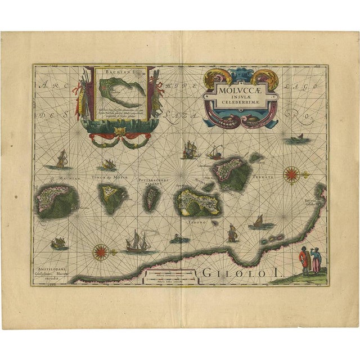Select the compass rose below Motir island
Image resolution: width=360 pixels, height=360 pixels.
[100, 250]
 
